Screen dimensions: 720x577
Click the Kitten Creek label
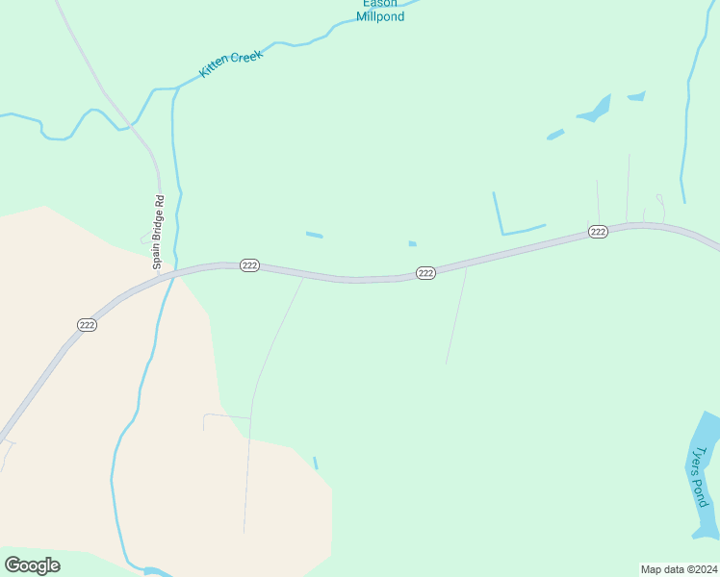231,63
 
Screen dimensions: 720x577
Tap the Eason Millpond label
380,10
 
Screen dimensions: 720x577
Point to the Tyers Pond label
699,476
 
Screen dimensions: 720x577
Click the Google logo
32,565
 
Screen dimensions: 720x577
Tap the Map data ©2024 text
679,569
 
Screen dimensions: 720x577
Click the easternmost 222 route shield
598,232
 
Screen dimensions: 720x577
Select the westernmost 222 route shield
87,325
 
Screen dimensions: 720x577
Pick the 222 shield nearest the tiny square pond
426,273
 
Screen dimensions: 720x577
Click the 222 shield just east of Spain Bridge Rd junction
249,265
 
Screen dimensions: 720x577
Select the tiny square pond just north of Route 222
412,243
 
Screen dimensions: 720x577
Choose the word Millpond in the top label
380,16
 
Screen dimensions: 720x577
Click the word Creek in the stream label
244,57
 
